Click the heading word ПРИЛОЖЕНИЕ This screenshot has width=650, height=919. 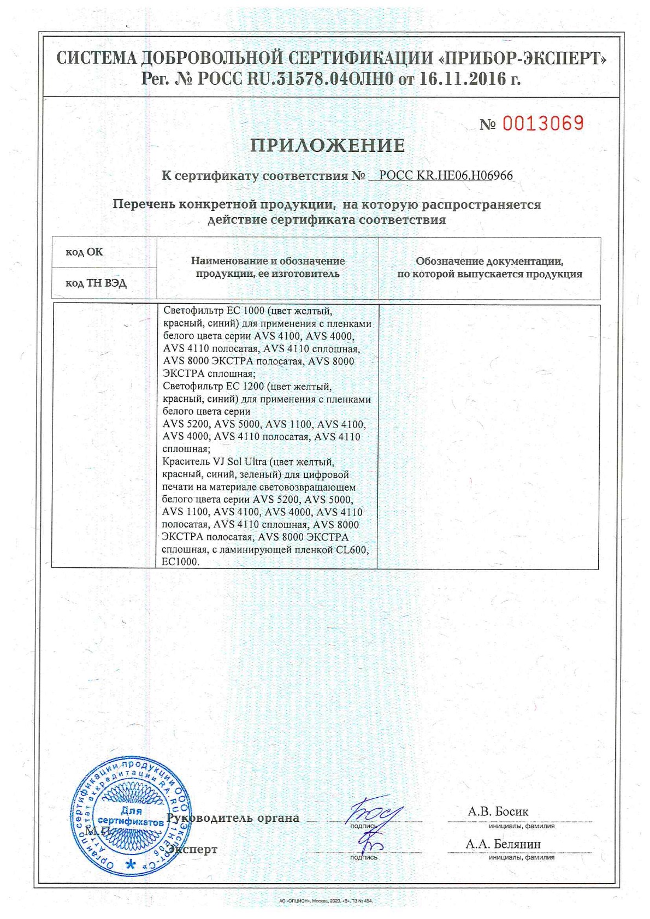[x=328, y=146]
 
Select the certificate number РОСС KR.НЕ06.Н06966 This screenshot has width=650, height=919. [x=446, y=176]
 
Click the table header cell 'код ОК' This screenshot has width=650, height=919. [x=84, y=252]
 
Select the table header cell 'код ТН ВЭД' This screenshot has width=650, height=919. [x=96, y=283]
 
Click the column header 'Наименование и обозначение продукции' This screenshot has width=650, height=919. [x=268, y=268]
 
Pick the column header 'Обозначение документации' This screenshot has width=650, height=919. [x=489, y=268]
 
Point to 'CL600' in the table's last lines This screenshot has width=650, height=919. [x=353, y=549]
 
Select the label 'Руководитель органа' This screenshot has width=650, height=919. [x=233, y=818]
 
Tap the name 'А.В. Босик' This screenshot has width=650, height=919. [x=498, y=811]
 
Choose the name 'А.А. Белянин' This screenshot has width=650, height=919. [x=503, y=844]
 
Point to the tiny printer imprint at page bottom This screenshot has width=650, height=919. [x=325, y=900]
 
